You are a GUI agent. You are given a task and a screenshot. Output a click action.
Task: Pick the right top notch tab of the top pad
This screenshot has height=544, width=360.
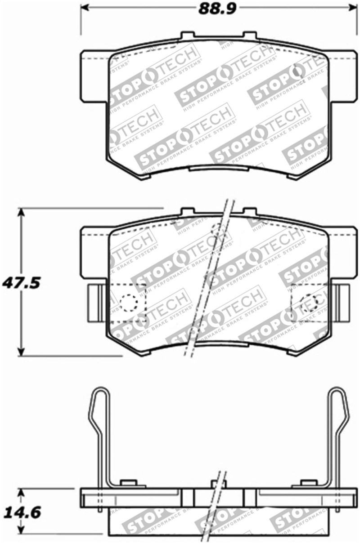click(249, 36)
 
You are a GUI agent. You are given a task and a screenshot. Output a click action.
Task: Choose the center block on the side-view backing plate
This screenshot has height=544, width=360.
click(218, 497)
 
